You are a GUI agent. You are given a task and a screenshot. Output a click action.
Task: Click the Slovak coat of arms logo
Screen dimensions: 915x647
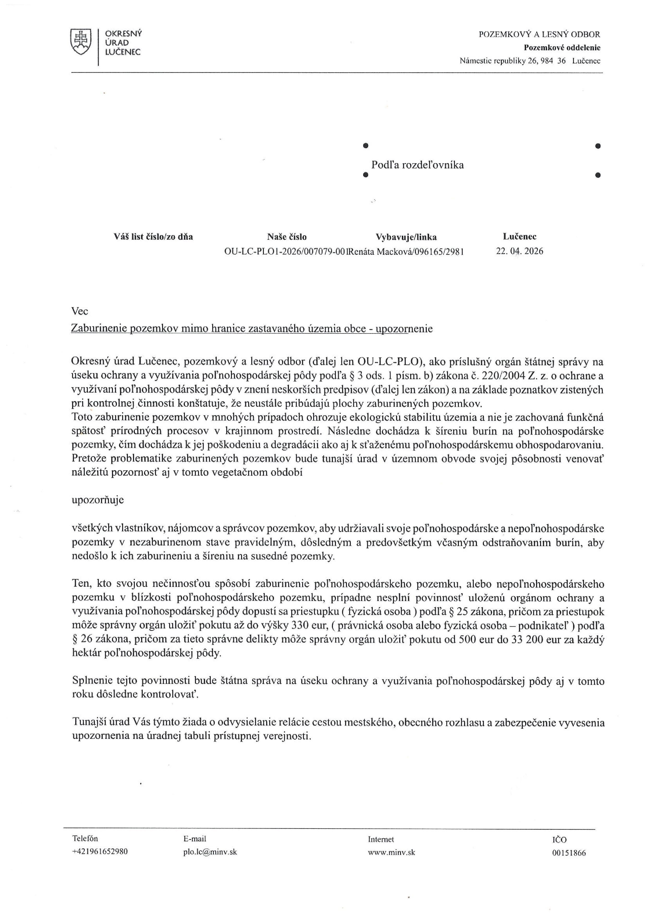(81, 42)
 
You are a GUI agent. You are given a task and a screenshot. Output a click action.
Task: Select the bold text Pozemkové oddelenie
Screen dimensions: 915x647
(562, 48)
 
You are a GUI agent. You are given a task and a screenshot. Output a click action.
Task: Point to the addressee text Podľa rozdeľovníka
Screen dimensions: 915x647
(417, 165)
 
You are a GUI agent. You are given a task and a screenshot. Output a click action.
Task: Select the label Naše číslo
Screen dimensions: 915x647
(287, 237)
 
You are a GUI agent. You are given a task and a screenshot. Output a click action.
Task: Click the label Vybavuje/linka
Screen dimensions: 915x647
(406, 237)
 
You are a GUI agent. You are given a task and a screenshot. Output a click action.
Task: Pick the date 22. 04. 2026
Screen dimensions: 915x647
(519, 251)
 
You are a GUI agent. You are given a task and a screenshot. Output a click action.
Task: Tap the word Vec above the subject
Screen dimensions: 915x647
(80, 311)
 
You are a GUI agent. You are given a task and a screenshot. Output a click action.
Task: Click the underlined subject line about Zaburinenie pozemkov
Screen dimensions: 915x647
(251, 329)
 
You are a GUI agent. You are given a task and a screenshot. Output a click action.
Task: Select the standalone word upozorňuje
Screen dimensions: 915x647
(98, 500)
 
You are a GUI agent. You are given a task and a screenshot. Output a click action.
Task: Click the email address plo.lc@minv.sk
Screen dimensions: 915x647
(210, 852)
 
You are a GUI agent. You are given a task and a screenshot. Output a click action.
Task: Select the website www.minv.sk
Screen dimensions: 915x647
(391, 852)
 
